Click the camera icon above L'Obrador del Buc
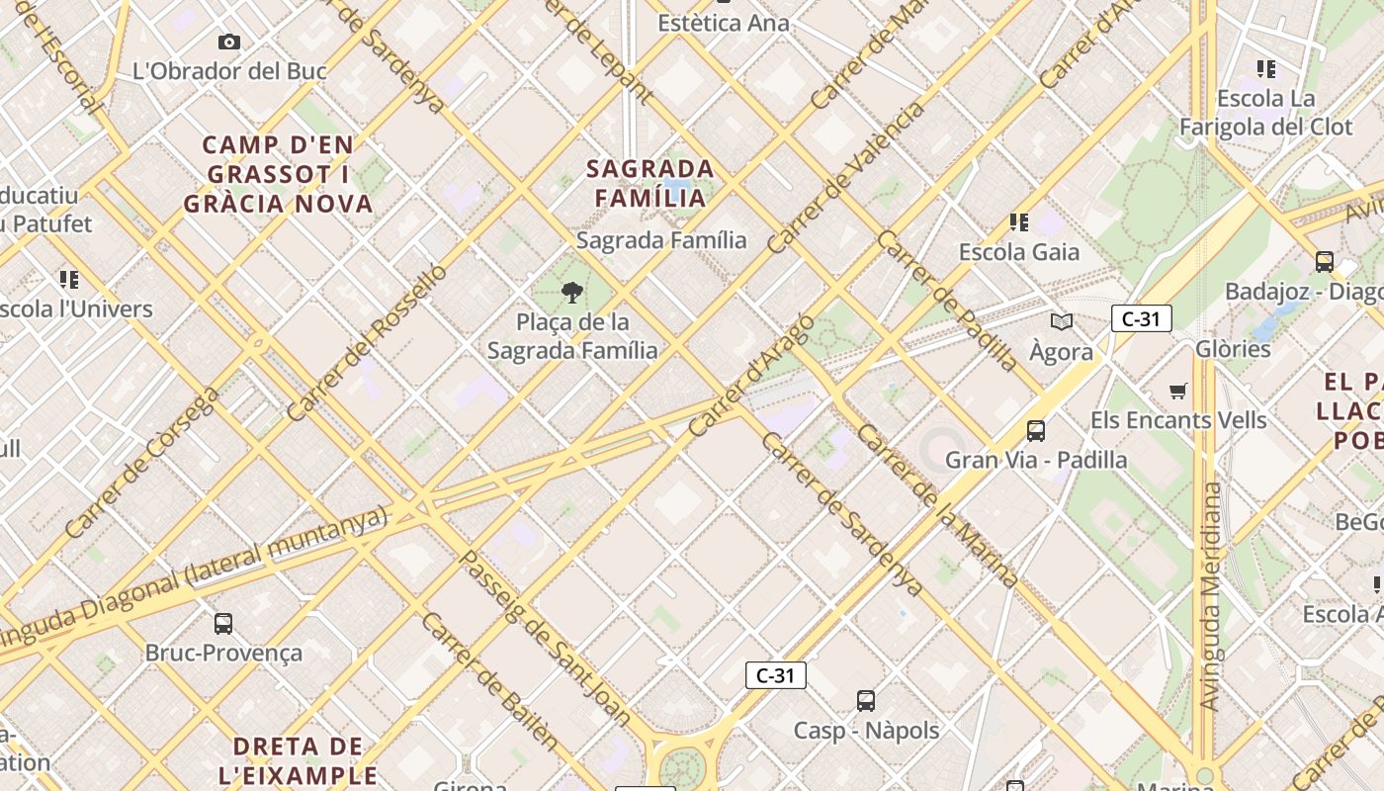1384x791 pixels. click(x=229, y=42)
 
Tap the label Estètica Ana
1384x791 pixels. click(x=725, y=23)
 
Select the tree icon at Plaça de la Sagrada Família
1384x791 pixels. click(x=571, y=292)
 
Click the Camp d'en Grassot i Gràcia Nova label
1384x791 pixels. click(x=278, y=175)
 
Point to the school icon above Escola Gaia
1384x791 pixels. click(x=1019, y=222)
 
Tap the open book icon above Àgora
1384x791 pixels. click(x=1062, y=321)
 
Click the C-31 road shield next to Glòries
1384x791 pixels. click(x=1142, y=318)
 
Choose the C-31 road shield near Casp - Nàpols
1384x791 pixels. click(x=776, y=675)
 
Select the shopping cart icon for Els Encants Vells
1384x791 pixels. click(x=1177, y=392)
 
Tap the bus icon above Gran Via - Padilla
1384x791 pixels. click(x=1036, y=431)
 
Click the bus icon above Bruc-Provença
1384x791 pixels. click(x=223, y=624)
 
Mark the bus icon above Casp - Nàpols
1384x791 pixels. click(x=866, y=701)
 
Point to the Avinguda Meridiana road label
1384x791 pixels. click(x=1209, y=596)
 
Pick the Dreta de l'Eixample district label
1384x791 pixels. click(x=298, y=760)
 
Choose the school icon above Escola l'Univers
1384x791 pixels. click(x=68, y=280)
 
